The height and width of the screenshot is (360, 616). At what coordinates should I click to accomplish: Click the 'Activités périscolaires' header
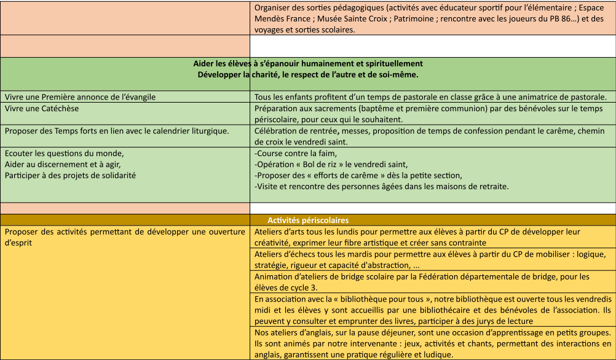(308, 220)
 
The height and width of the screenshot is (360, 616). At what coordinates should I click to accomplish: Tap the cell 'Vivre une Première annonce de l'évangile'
(80, 97)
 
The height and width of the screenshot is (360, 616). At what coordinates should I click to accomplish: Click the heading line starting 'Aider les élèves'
(308, 63)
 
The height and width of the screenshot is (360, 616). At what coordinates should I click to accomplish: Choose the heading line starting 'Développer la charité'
(308, 75)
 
